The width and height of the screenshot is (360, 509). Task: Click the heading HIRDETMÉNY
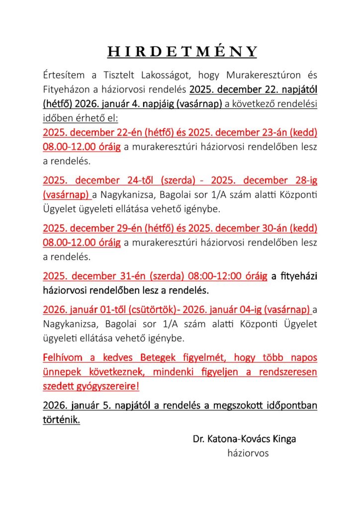tap(183, 51)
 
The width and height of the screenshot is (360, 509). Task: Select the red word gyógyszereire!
tap(106, 386)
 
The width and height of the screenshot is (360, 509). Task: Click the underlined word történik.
tap(62, 420)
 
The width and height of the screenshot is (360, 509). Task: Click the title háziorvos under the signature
tap(248, 453)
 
